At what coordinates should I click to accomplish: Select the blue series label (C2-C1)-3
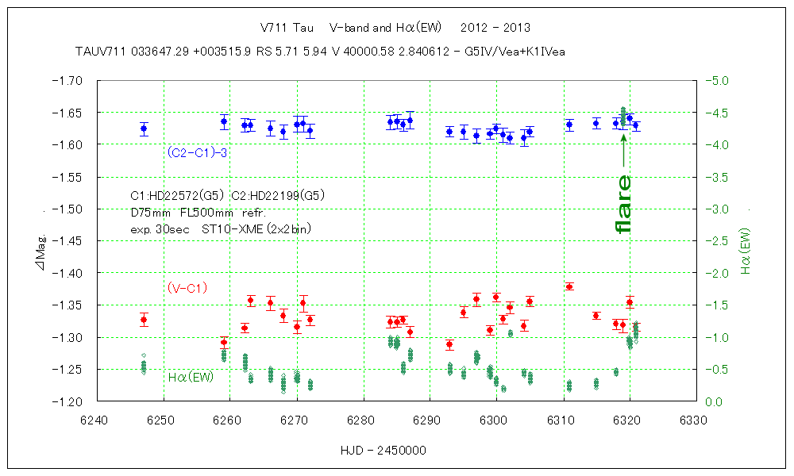pos(198,152)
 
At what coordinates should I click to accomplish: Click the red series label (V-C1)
pos(187,288)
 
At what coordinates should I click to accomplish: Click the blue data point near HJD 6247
pos(144,129)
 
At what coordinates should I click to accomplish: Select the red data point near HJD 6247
pos(144,320)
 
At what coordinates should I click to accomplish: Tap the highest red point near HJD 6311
pos(569,286)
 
